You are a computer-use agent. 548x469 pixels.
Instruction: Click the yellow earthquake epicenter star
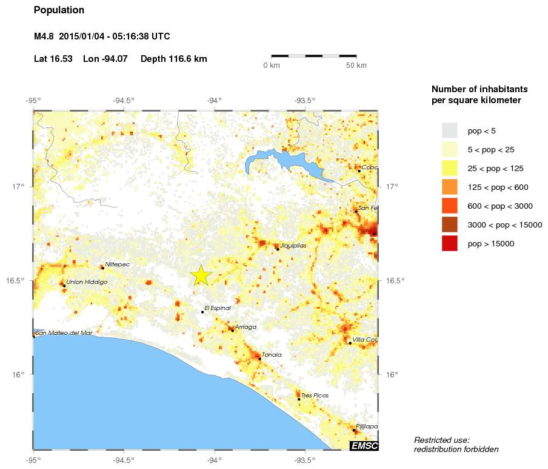click(x=201, y=275)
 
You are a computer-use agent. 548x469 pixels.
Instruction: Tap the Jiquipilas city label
click(x=293, y=246)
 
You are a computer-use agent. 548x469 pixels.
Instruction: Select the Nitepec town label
click(x=117, y=265)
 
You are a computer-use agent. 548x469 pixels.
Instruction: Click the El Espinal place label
click(x=218, y=308)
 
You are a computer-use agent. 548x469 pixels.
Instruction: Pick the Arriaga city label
click(x=246, y=327)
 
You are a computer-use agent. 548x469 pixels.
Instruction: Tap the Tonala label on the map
click(x=272, y=355)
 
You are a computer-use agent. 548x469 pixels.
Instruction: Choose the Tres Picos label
click(x=315, y=396)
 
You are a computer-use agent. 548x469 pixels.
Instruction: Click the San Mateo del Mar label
click(x=64, y=333)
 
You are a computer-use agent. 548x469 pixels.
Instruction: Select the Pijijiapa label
click(x=367, y=427)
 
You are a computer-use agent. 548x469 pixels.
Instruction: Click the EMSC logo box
click(x=364, y=446)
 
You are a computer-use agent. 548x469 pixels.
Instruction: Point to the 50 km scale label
click(x=356, y=66)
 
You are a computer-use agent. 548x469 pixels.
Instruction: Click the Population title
click(x=59, y=10)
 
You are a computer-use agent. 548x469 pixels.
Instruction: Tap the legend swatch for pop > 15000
click(x=449, y=244)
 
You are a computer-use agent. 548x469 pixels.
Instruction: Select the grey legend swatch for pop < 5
click(x=449, y=130)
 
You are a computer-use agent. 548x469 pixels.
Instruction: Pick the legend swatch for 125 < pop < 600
click(x=449, y=187)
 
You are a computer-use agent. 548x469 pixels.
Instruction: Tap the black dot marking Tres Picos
click(x=299, y=399)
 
